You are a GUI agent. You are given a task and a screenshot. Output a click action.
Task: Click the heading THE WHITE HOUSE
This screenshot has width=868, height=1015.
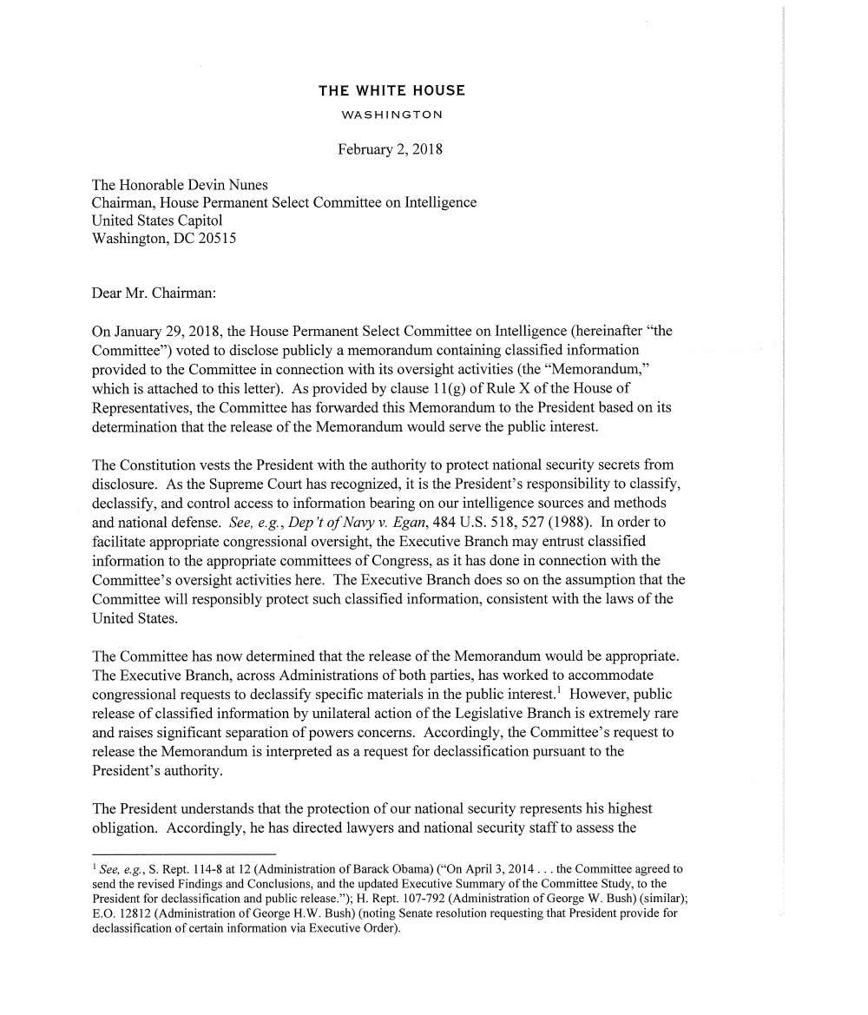click(x=391, y=90)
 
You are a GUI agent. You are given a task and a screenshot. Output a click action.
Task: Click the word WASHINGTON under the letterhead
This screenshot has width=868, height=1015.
click(x=391, y=115)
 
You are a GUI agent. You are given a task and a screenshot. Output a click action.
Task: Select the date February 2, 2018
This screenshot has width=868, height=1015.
click(x=390, y=149)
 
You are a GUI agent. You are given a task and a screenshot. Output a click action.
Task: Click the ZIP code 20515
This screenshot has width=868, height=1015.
click(x=217, y=238)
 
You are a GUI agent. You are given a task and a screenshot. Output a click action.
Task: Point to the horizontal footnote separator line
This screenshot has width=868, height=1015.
click(x=183, y=854)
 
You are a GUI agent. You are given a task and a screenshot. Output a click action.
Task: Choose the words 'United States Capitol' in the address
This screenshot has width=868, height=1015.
click(x=157, y=221)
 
